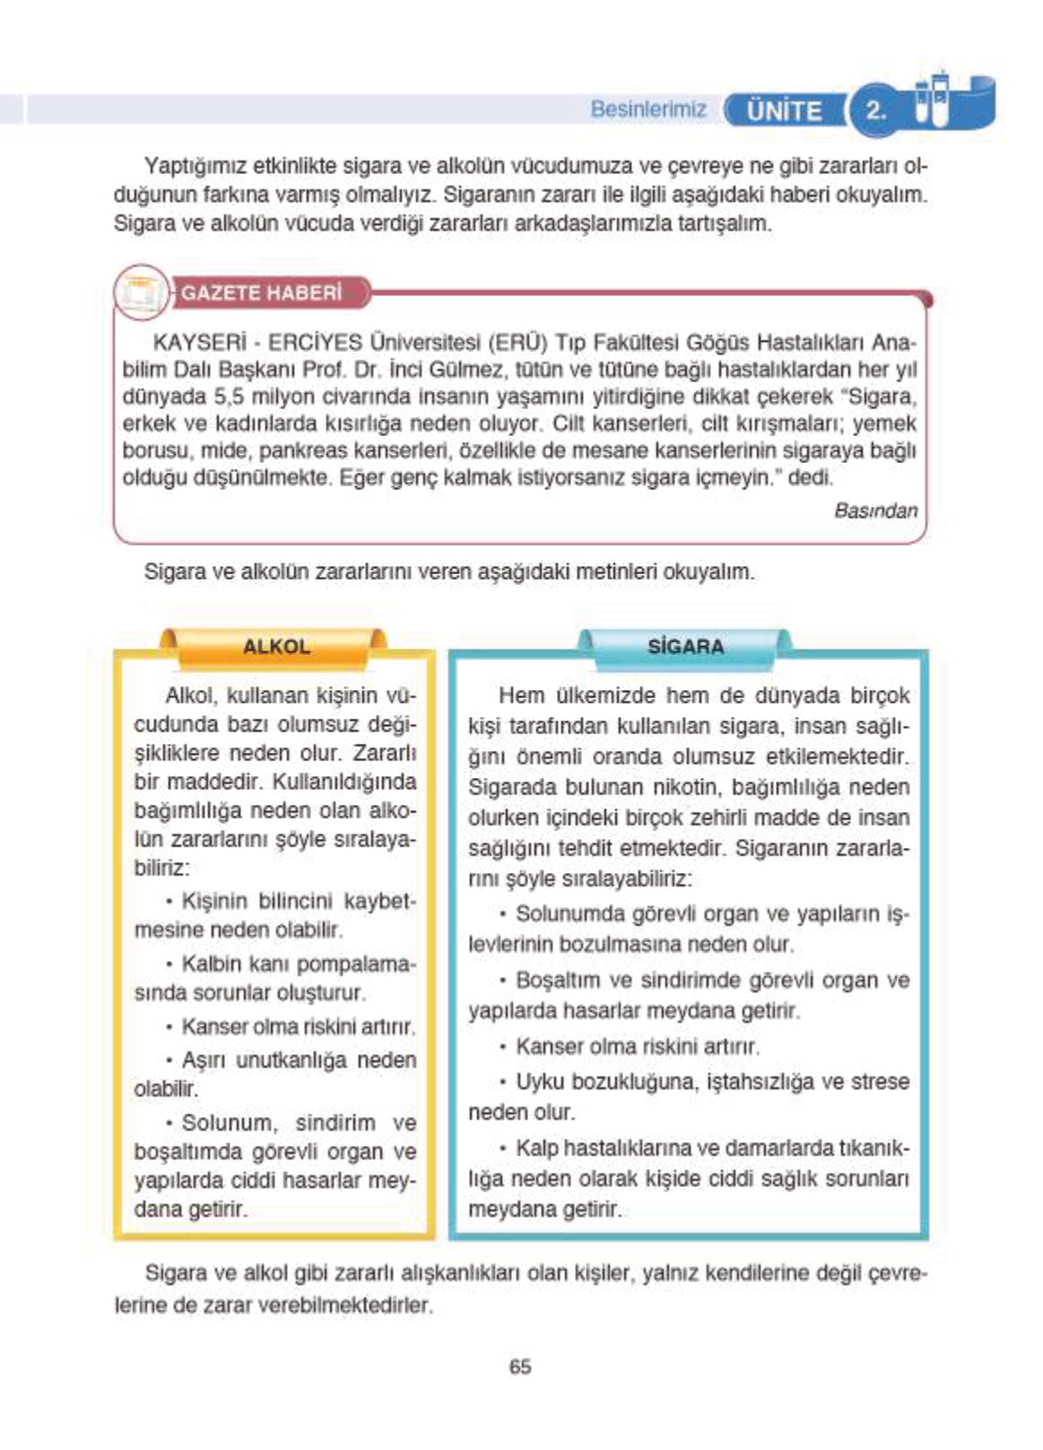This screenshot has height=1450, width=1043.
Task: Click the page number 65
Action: (519, 1367)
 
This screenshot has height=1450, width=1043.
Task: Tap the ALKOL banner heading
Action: (276, 647)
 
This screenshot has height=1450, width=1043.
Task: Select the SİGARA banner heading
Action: (685, 647)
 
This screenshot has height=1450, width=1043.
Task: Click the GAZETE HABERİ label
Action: (262, 293)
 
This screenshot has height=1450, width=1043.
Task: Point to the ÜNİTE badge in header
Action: (784, 111)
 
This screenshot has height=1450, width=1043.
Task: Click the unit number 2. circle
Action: (874, 110)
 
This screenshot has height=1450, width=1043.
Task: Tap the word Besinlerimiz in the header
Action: (648, 109)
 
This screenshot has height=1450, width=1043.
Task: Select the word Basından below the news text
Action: (875, 511)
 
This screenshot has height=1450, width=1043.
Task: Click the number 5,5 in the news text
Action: (229, 397)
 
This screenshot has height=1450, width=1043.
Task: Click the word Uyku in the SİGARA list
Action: (539, 1081)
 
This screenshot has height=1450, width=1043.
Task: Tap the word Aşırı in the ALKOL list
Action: (205, 1060)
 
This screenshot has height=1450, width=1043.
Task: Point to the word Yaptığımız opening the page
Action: (196, 166)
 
